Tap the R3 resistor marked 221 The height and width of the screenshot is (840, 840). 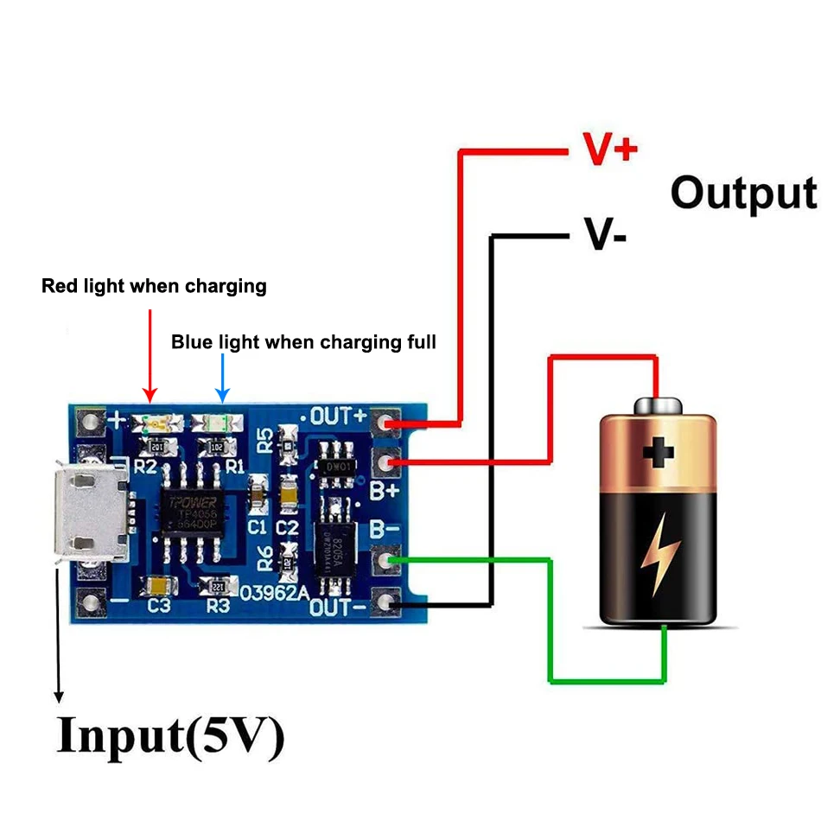(217, 586)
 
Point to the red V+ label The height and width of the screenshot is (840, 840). (610, 149)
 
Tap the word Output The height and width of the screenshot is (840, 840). (743, 194)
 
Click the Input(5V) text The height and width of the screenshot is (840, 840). (170, 736)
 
